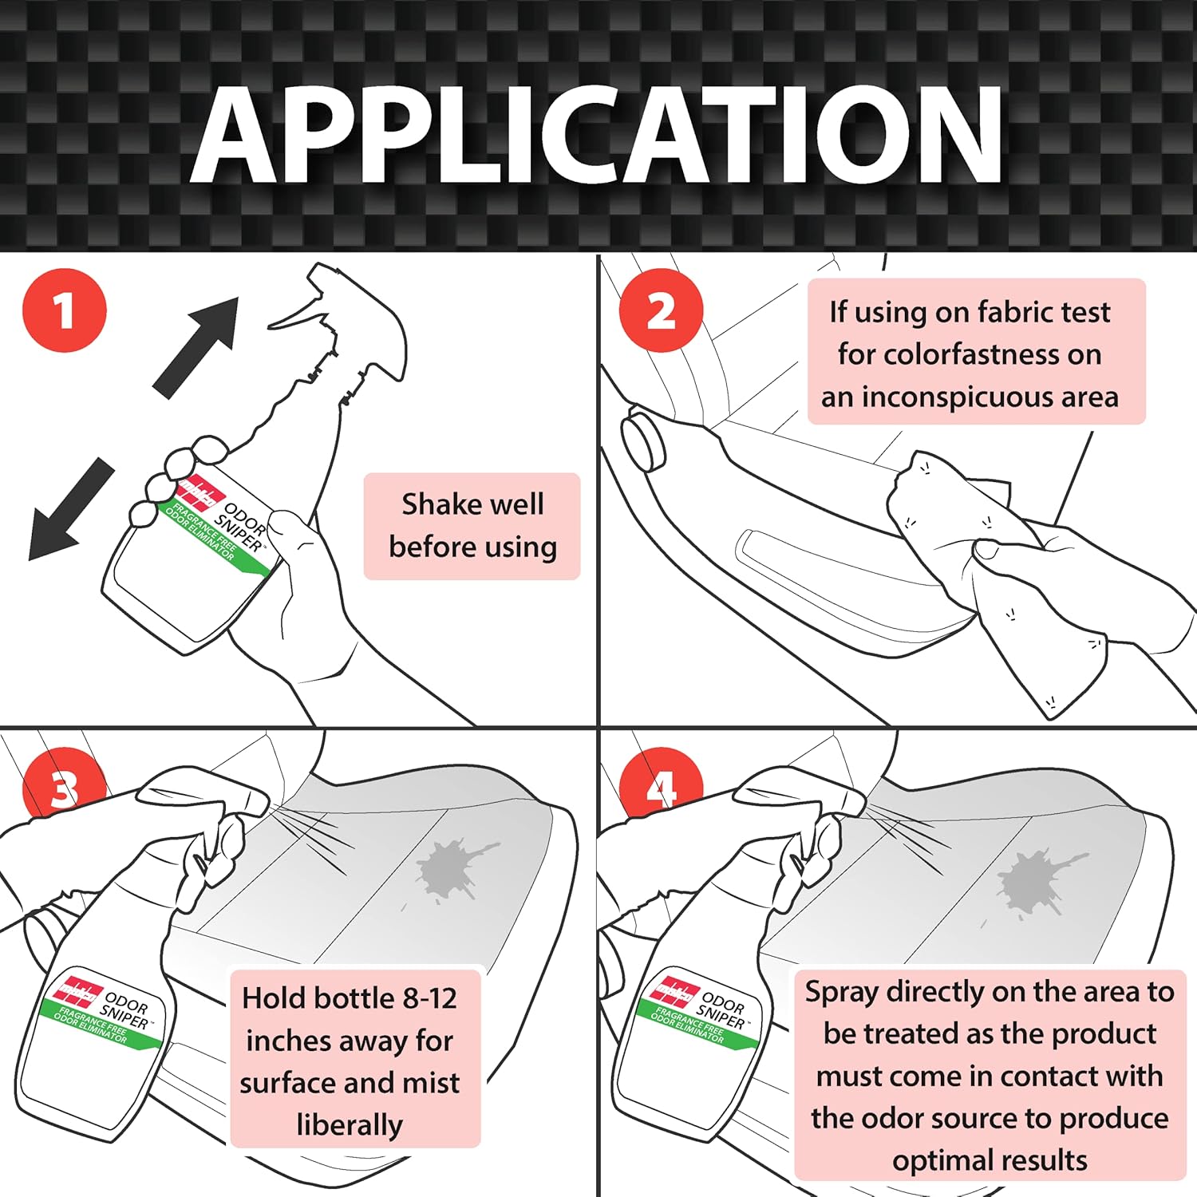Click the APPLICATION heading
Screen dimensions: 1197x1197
[597, 134]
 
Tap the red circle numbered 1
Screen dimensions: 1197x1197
[65, 310]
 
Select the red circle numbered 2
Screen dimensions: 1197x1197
[661, 310]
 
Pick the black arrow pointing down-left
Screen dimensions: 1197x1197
[70, 509]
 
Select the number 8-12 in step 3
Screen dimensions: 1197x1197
[429, 998]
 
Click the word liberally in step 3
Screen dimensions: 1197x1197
[350, 1125]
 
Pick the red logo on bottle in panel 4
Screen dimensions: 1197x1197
[674, 988]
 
